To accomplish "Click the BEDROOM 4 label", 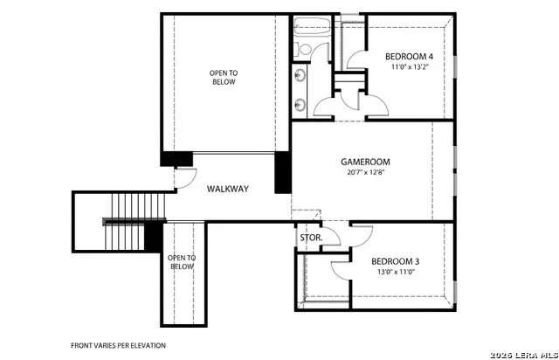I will (410, 57).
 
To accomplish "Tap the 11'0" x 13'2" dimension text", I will (410, 66).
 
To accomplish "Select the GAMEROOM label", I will (365, 162).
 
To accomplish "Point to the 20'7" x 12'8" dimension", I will (365, 172).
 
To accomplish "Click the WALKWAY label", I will (228, 189).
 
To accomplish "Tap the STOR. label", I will (311, 237).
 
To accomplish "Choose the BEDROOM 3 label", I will (396, 261).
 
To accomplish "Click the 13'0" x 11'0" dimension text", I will (396, 272).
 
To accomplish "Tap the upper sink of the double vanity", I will (300, 75).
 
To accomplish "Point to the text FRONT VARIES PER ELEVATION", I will (118, 345).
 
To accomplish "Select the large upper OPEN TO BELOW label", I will (224, 77).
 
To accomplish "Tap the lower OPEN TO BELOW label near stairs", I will (182, 262).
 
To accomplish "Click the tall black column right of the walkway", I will (282, 173).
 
